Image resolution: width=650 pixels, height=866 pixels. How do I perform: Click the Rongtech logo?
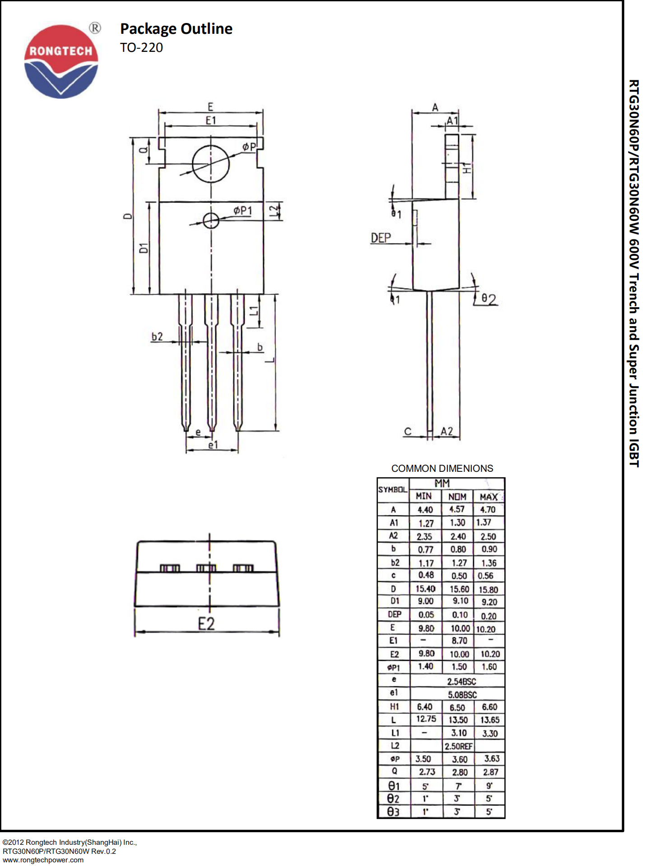coord(61,61)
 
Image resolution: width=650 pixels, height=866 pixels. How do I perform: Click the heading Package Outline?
coord(176,29)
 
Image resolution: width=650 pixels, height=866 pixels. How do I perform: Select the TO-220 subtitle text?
coord(141,47)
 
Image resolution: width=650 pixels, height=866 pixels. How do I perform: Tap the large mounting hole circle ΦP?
coord(210,164)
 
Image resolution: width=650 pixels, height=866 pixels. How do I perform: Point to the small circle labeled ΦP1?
coord(211,221)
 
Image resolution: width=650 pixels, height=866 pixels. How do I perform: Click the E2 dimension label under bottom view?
coord(206,624)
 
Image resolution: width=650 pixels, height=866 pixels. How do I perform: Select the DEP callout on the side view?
coord(381,238)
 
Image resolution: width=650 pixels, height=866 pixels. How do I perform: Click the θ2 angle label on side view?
coord(488,299)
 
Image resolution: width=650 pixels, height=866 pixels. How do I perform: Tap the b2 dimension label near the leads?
coord(157,336)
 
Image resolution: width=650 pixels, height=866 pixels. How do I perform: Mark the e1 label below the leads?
coord(213,445)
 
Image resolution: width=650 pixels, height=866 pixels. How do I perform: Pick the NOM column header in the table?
coord(457,497)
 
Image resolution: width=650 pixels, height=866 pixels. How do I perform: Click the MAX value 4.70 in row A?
coord(488,510)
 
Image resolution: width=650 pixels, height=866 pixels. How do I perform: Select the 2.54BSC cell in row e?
coord(461,681)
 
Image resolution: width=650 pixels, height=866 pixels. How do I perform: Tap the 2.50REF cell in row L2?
coord(458,746)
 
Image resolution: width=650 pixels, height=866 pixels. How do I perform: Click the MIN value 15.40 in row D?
coord(425,589)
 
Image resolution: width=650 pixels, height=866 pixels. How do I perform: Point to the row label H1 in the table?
coord(394,707)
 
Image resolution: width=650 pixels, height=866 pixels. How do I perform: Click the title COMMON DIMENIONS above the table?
coord(442,468)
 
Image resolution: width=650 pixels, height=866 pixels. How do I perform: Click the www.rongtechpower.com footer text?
coord(43,860)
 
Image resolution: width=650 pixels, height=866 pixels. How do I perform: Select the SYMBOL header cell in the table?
coord(393,489)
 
